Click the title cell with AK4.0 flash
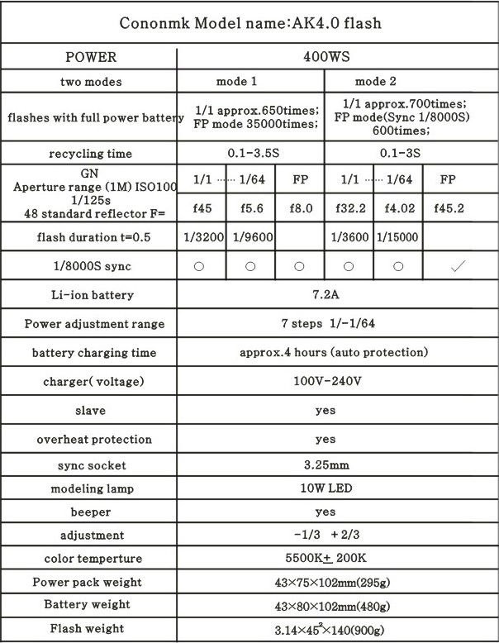[249, 22]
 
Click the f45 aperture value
[202, 208]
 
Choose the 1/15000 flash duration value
[397, 237]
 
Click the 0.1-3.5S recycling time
[250, 153]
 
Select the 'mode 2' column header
[376, 82]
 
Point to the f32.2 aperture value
[349, 208]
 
